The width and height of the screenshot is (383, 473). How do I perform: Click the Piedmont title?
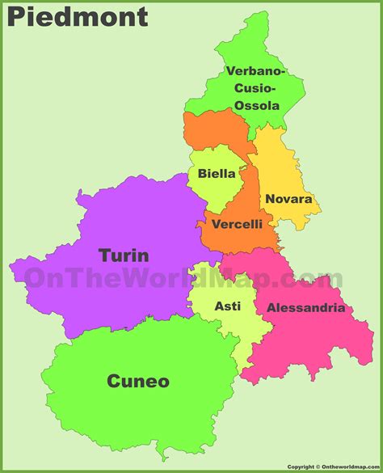point(78,16)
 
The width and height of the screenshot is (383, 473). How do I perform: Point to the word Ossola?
point(256,106)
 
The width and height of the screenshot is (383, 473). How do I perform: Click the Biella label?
point(217,173)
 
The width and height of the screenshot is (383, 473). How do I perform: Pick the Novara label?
point(288,199)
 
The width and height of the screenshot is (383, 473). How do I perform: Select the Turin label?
point(124,256)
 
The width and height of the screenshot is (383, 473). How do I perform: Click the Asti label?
point(227,306)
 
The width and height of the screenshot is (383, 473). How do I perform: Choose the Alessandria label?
point(305,307)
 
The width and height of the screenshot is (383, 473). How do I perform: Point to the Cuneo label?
point(138,381)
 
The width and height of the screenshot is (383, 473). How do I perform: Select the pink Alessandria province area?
point(315,340)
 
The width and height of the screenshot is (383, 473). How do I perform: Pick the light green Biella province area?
point(212,194)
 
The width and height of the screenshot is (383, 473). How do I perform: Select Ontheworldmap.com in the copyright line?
point(348,467)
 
